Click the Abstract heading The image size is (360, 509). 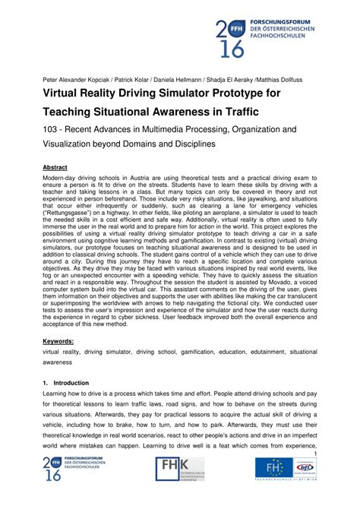(x=55, y=167)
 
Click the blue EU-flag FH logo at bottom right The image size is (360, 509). (x=270, y=466)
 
